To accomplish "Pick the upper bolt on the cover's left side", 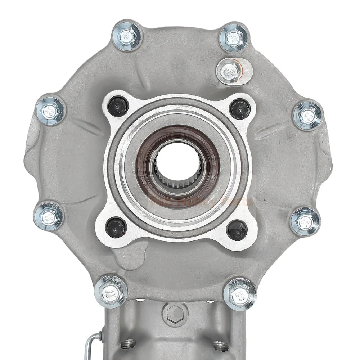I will pyautogui.click(x=50, y=111).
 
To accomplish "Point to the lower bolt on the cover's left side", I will pyautogui.click(x=48, y=216).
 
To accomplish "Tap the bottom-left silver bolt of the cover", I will pyautogui.click(x=111, y=291).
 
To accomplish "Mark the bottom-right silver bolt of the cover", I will pyautogui.click(x=239, y=294).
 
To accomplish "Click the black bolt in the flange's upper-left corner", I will pyautogui.click(x=118, y=106).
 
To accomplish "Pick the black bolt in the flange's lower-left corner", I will pyautogui.click(x=116, y=227).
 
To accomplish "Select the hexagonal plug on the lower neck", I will pyautogui.click(x=175, y=314).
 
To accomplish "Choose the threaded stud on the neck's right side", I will pyautogui.click(x=220, y=346).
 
